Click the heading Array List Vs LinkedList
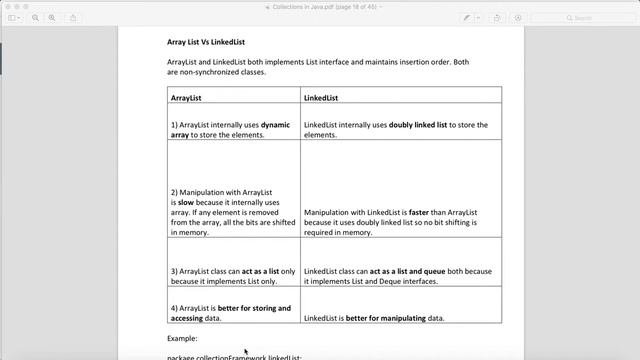[206, 42]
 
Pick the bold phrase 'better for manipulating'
[386, 318]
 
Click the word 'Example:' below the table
[182, 339]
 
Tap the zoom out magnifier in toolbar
[36, 18]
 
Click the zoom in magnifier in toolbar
[52, 18]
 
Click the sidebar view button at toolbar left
[14, 18]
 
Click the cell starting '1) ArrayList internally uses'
[232, 129]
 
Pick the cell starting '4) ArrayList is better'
[232, 313]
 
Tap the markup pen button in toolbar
[467, 18]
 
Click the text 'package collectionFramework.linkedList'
[234, 356]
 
